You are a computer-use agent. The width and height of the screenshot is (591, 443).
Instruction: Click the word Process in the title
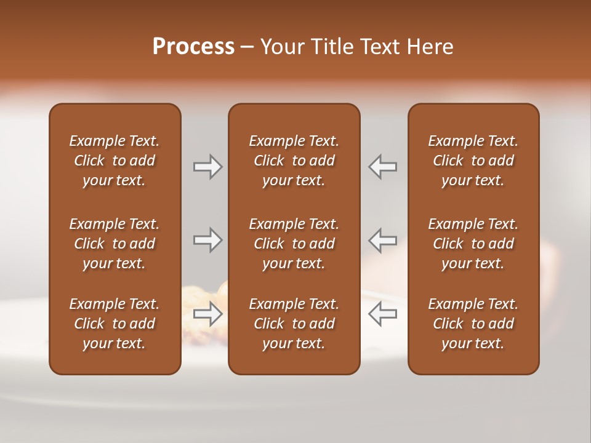(x=193, y=47)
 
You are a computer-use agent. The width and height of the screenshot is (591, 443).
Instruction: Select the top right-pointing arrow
(x=207, y=167)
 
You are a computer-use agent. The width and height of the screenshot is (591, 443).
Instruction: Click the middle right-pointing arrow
(x=207, y=240)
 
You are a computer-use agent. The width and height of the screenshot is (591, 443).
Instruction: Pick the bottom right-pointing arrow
(x=207, y=314)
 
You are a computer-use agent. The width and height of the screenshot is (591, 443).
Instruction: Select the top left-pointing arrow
(x=383, y=167)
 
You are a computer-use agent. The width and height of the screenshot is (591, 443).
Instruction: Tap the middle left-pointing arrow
(x=383, y=240)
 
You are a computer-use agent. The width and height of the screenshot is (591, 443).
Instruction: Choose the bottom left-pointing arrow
(x=383, y=314)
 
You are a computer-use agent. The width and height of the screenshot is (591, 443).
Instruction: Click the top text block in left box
(x=115, y=161)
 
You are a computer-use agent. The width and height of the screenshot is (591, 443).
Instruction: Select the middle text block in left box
(x=115, y=244)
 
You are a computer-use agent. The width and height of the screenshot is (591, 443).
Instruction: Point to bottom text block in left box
(x=115, y=324)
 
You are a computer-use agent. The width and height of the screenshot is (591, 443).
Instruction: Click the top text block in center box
(x=294, y=161)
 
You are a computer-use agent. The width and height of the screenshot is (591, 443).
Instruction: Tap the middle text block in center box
(x=294, y=244)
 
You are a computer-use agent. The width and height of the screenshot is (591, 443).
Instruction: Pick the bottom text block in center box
(x=294, y=324)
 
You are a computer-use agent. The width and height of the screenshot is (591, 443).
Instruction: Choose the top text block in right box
(x=473, y=161)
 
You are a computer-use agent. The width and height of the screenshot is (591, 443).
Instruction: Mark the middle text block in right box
(x=473, y=244)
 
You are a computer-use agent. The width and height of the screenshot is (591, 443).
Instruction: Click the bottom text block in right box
(x=473, y=324)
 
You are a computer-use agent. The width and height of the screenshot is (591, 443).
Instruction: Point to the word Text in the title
(x=377, y=47)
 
